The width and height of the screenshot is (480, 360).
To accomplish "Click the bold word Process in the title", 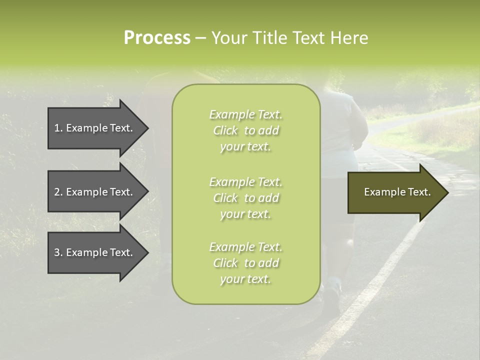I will (157, 38).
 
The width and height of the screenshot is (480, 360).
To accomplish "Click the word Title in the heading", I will (270, 38).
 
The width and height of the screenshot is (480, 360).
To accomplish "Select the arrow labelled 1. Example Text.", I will (95, 128).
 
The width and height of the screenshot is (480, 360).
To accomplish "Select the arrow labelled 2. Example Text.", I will (95, 192).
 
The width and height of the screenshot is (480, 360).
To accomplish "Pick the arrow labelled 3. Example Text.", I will (95, 252).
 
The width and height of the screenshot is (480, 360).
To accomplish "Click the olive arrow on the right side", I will (395, 192).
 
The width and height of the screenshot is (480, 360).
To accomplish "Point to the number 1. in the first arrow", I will (58, 128).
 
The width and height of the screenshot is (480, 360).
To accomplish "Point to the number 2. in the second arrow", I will (58, 192).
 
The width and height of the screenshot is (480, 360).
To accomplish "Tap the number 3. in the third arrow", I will (58, 252).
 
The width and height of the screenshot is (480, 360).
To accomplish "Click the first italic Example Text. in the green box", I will (245, 114).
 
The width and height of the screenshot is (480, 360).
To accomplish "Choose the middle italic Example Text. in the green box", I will (245, 182).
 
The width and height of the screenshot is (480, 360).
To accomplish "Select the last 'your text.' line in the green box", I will (245, 279).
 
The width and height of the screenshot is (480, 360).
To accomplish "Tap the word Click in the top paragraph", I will (225, 130).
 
